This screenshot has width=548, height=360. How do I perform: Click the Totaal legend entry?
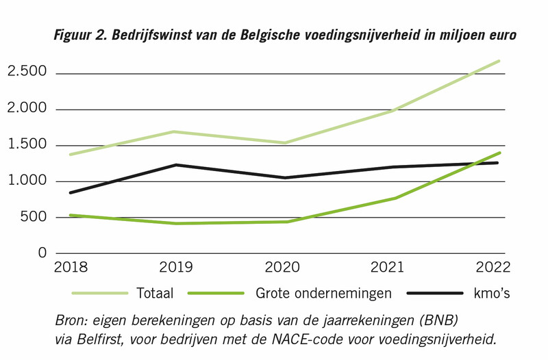(x=154, y=293)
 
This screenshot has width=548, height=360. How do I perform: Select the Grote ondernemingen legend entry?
(x=323, y=293)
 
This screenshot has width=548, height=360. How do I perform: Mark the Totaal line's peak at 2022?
(x=499, y=61)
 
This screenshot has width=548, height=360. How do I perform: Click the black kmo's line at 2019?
(x=177, y=165)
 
